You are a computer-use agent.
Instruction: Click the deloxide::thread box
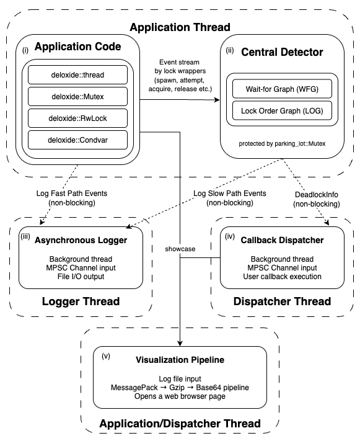pyautogui.click(x=77, y=75)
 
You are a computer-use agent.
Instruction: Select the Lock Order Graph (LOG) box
pyautogui.click(x=281, y=111)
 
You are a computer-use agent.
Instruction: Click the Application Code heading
pyautogui.click(x=78, y=47)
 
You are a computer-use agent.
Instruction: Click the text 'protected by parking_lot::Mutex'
pyautogui.click(x=281, y=144)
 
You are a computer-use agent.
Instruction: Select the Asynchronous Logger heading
pyautogui.click(x=81, y=239)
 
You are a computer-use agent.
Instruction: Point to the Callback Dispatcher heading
pyautogui.click(x=282, y=239)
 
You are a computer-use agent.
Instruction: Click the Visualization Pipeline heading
pyautogui.click(x=180, y=360)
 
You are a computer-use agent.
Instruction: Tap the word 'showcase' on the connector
pyautogui.click(x=180, y=248)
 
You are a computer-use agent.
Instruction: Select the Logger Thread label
pyautogui.click(x=81, y=301)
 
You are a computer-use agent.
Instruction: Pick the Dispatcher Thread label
pyautogui.click(x=282, y=301)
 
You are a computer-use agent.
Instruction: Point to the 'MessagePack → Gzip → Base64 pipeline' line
pyautogui.click(x=180, y=387)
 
